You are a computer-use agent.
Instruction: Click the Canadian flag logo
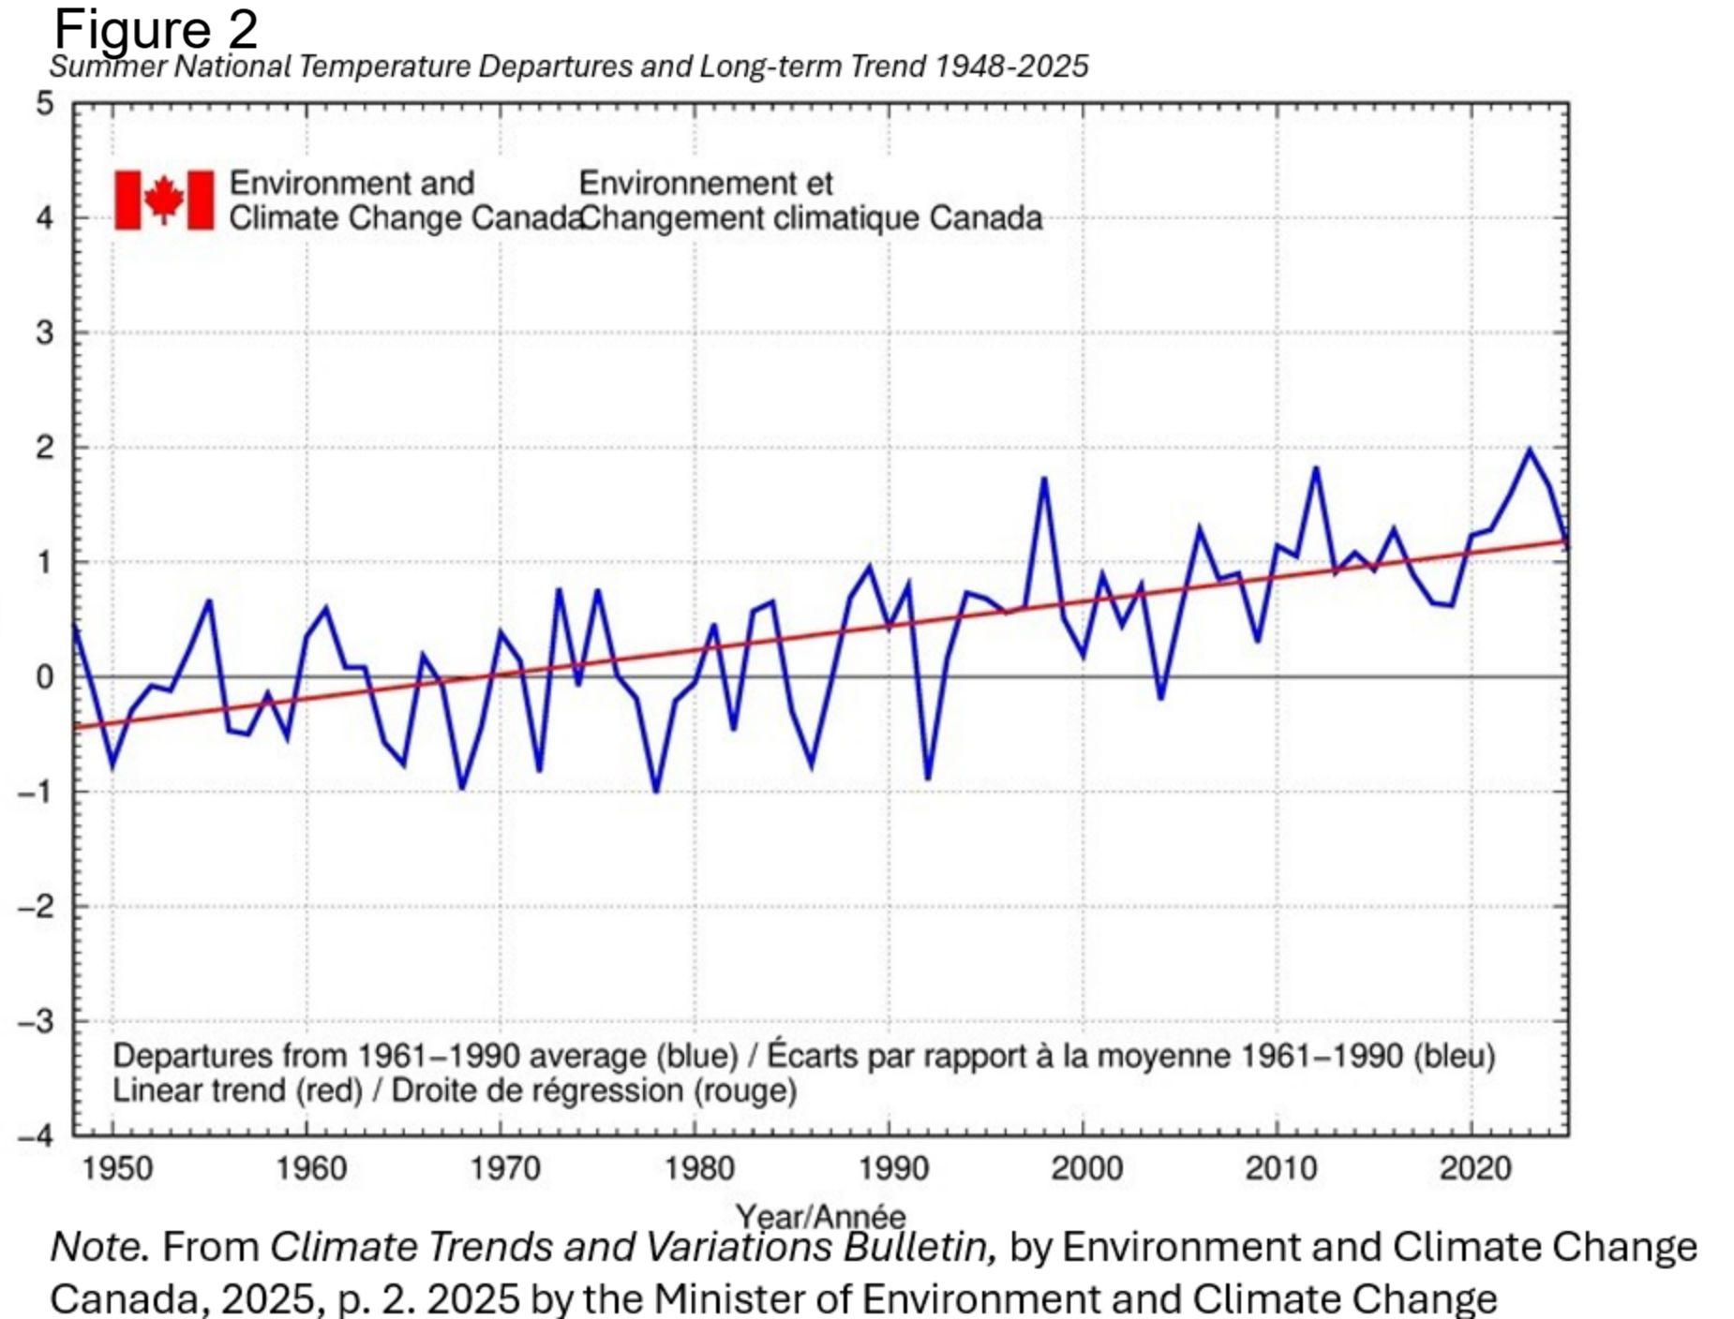point(164,200)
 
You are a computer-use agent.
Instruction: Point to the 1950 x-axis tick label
point(117,1168)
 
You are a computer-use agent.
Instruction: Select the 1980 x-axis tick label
point(699,1168)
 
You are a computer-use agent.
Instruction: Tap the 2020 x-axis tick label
point(1475,1168)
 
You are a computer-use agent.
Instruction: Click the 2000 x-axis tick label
point(1087,1168)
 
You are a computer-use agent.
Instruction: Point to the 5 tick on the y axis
point(45,103)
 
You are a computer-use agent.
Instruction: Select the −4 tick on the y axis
point(37,1135)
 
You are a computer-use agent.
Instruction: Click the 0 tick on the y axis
point(45,676)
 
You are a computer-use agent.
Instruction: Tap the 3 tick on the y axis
point(45,333)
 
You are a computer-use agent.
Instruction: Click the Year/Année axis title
point(821,1216)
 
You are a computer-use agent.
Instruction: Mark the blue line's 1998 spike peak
point(1043,479)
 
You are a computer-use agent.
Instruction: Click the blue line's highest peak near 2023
point(1529,450)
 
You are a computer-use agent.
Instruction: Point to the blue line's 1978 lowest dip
point(656,792)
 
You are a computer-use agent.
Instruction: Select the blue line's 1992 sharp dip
point(928,778)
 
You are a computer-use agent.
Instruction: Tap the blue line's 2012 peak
point(1316,467)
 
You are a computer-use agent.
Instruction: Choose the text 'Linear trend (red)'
point(238,1090)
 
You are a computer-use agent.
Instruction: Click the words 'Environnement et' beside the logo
point(706,183)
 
